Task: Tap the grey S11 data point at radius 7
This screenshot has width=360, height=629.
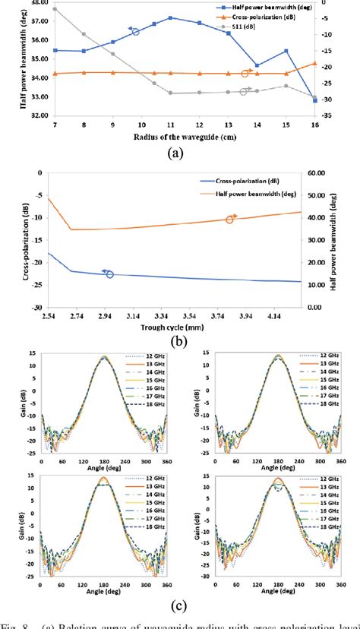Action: tap(55, 8)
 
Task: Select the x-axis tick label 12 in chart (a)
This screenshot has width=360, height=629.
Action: tap(199, 124)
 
